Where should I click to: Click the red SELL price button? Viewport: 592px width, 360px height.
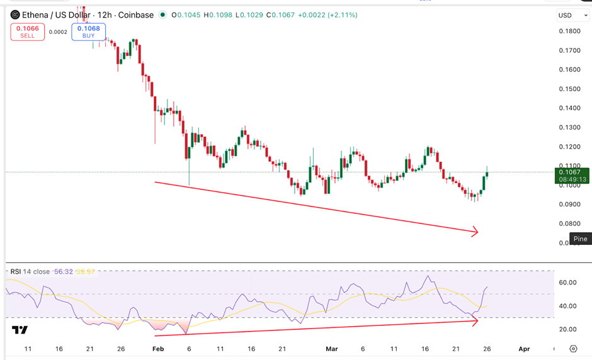28,31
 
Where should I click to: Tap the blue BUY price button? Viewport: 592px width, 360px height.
88,31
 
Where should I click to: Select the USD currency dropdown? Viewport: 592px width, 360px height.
572,15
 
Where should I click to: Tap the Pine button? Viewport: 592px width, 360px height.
580,239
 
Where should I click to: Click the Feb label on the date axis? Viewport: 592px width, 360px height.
159,348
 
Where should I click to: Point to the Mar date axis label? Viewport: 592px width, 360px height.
331,348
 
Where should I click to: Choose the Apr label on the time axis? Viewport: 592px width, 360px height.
523,348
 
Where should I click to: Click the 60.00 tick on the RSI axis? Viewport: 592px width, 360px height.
568,283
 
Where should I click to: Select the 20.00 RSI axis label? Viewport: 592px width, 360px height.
568,329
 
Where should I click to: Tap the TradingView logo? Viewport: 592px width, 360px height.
20,330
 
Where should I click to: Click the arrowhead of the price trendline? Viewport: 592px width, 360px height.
475,232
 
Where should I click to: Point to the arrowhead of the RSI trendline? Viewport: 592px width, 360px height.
475,320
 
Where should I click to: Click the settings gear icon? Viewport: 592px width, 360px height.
573,348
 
